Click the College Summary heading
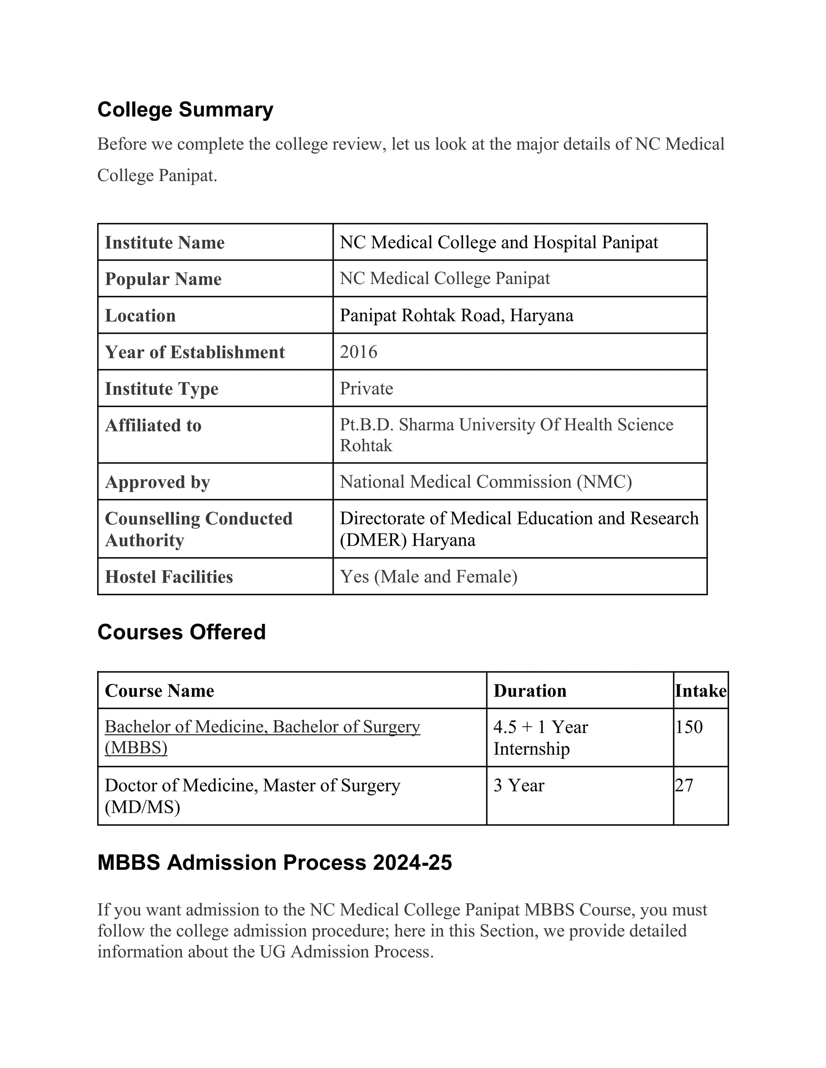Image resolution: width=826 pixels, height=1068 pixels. click(185, 110)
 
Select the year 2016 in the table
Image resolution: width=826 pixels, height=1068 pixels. click(359, 352)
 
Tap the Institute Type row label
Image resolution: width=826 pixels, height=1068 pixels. click(161, 389)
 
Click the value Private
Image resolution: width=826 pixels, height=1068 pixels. click(367, 389)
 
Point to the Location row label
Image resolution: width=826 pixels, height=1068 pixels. click(140, 316)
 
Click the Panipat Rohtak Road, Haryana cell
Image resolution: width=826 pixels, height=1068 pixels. click(457, 316)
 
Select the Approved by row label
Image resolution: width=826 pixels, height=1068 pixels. click(158, 482)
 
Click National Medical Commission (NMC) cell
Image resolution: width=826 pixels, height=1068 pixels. click(486, 482)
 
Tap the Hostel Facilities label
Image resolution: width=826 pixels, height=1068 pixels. click(169, 577)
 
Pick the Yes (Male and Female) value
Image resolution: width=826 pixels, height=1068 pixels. click(429, 577)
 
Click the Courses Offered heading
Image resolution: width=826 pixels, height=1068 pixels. click(181, 632)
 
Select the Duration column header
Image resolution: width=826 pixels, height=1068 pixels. click(530, 691)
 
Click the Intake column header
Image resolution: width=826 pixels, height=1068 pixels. click(701, 691)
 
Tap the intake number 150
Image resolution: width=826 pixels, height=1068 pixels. click(689, 727)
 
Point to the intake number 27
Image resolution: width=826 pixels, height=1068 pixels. click(684, 785)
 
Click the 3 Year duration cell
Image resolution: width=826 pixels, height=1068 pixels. click(519, 785)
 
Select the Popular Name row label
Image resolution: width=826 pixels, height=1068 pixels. click(163, 279)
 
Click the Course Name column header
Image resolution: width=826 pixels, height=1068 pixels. click(160, 691)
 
